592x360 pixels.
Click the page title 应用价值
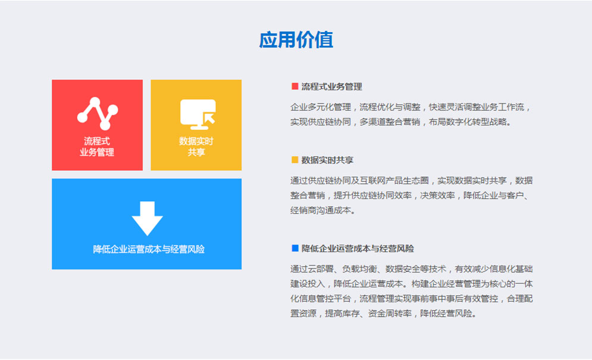296,40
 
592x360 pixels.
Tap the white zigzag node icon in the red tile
98,113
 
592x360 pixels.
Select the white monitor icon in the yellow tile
198,114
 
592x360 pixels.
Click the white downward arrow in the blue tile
147,218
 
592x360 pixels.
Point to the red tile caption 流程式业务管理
97,146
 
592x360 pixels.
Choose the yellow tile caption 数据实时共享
196,146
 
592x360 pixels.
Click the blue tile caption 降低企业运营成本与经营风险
149,249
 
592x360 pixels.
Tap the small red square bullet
295,86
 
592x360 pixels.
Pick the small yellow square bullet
295,160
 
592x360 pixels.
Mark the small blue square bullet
295,248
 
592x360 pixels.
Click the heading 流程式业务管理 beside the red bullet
331,87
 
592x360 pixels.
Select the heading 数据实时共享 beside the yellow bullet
327,160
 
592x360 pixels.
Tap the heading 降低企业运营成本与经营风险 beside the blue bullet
358,249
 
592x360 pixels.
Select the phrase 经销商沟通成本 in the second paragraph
321,211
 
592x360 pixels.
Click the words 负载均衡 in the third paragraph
359,269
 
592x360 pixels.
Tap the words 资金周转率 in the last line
390,314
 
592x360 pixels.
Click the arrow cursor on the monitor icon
209,118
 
